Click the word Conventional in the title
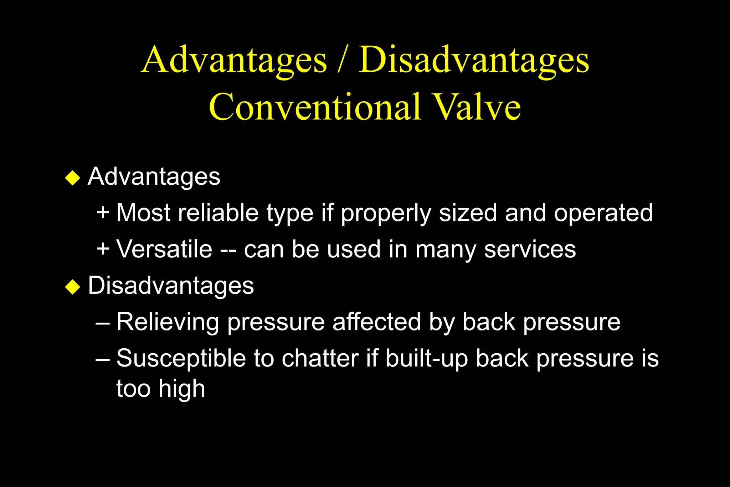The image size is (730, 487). tap(315, 107)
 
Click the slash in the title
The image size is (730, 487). tap(342, 60)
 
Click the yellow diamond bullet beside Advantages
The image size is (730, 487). tap(73, 178)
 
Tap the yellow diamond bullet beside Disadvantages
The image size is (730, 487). tap(73, 287)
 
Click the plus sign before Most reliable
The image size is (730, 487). tap(103, 213)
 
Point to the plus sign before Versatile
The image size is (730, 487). tap(103, 249)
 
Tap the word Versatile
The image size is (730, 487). tap(164, 249)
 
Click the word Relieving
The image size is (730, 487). tap(168, 322)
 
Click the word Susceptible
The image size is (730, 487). tap(181, 359)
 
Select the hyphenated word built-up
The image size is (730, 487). tap(426, 359)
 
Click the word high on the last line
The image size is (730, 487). tap(182, 389)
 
